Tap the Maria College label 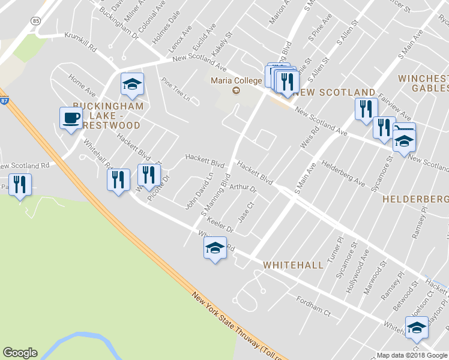tap(236, 80)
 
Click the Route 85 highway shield tap(36, 20)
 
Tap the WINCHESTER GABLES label tap(423, 83)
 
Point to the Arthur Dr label tap(243, 188)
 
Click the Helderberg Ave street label tap(343, 172)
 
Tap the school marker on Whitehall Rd tap(214, 248)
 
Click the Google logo tap(20, 353)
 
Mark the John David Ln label tap(199, 191)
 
